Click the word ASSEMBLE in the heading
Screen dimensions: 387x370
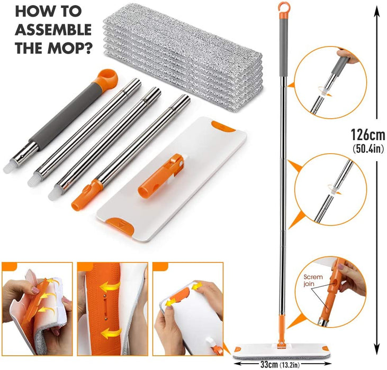point(53,30)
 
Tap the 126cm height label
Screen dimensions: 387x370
point(368,135)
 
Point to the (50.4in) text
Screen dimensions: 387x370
point(368,149)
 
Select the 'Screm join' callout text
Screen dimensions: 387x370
point(313,280)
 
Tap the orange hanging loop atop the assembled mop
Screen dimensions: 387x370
point(283,8)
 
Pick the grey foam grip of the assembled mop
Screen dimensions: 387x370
point(283,47)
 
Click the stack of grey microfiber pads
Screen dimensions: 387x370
point(183,57)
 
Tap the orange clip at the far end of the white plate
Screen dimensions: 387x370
point(223,126)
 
